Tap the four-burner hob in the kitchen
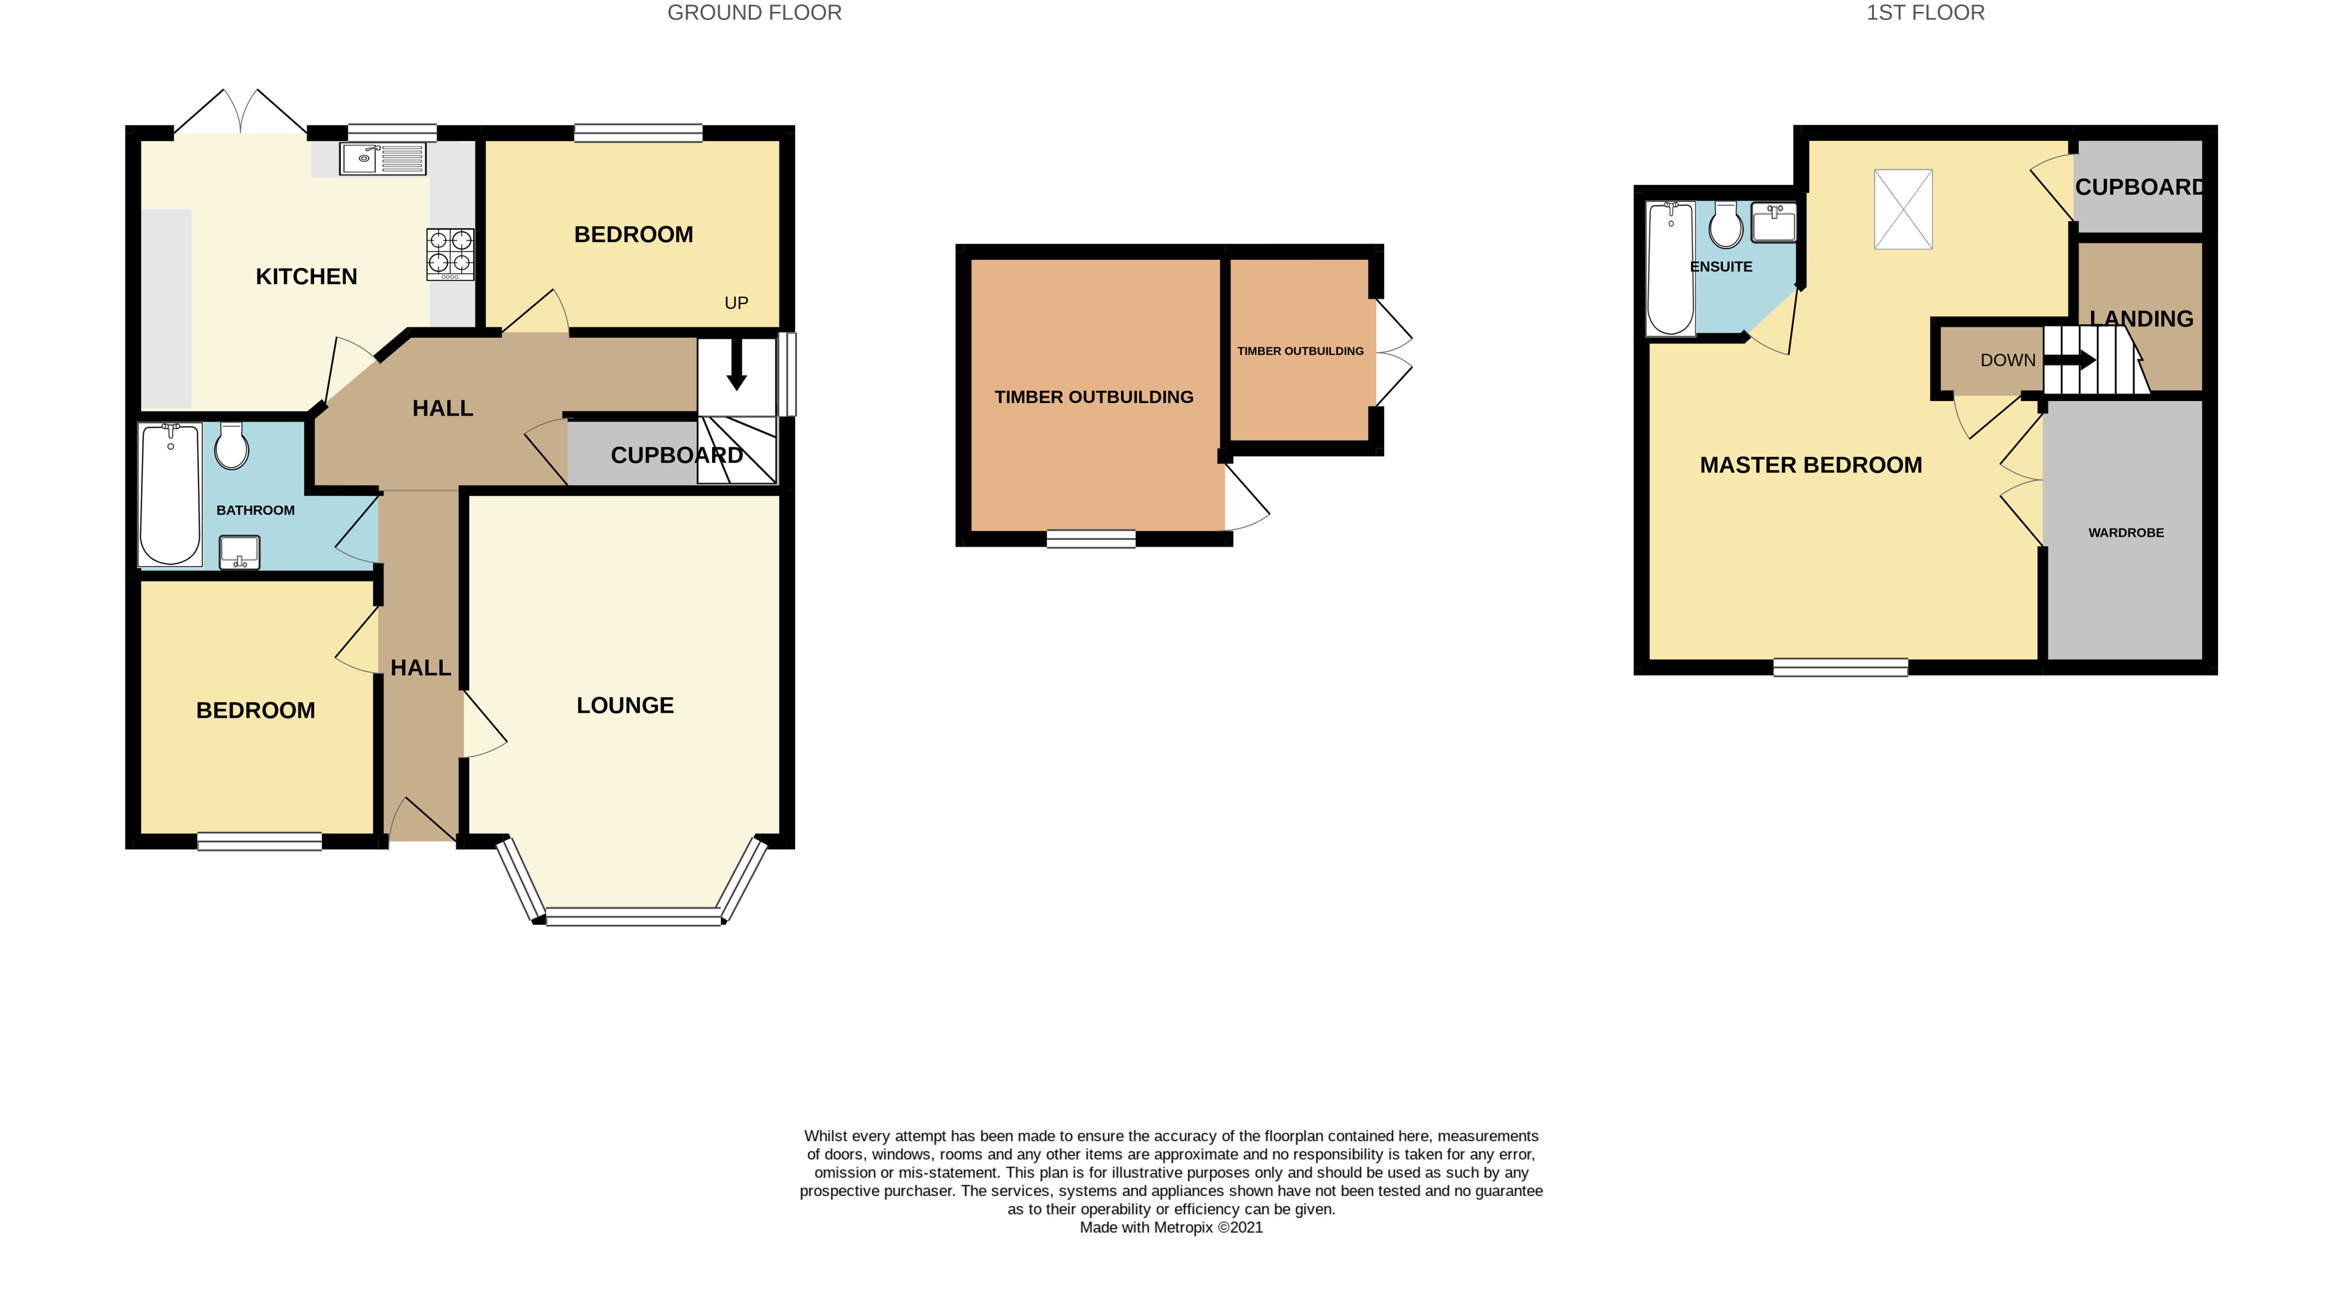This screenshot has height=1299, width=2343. click(x=450, y=254)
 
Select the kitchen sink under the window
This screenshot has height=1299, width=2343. click(x=382, y=158)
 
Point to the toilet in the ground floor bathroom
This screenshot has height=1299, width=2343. click(x=232, y=446)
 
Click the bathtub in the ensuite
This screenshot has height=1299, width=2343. click(x=1670, y=269)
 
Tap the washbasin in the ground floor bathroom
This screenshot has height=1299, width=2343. click(x=239, y=552)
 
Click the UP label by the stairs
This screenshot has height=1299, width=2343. click(x=736, y=303)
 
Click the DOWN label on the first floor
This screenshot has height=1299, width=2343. click(x=2008, y=360)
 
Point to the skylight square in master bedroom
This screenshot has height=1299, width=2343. click(x=1903, y=209)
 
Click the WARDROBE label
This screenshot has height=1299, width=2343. click(x=2126, y=533)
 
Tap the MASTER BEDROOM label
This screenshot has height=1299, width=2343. click(x=1810, y=465)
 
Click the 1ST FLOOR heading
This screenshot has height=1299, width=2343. click(x=1925, y=13)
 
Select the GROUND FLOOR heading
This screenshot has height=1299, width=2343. click(x=754, y=13)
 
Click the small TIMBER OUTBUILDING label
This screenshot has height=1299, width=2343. click(x=1299, y=351)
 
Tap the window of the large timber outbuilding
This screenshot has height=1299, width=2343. click(x=1090, y=539)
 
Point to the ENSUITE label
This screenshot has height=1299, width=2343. click(x=1720, y=267)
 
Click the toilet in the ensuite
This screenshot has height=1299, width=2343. click(x=1726, y=226)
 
